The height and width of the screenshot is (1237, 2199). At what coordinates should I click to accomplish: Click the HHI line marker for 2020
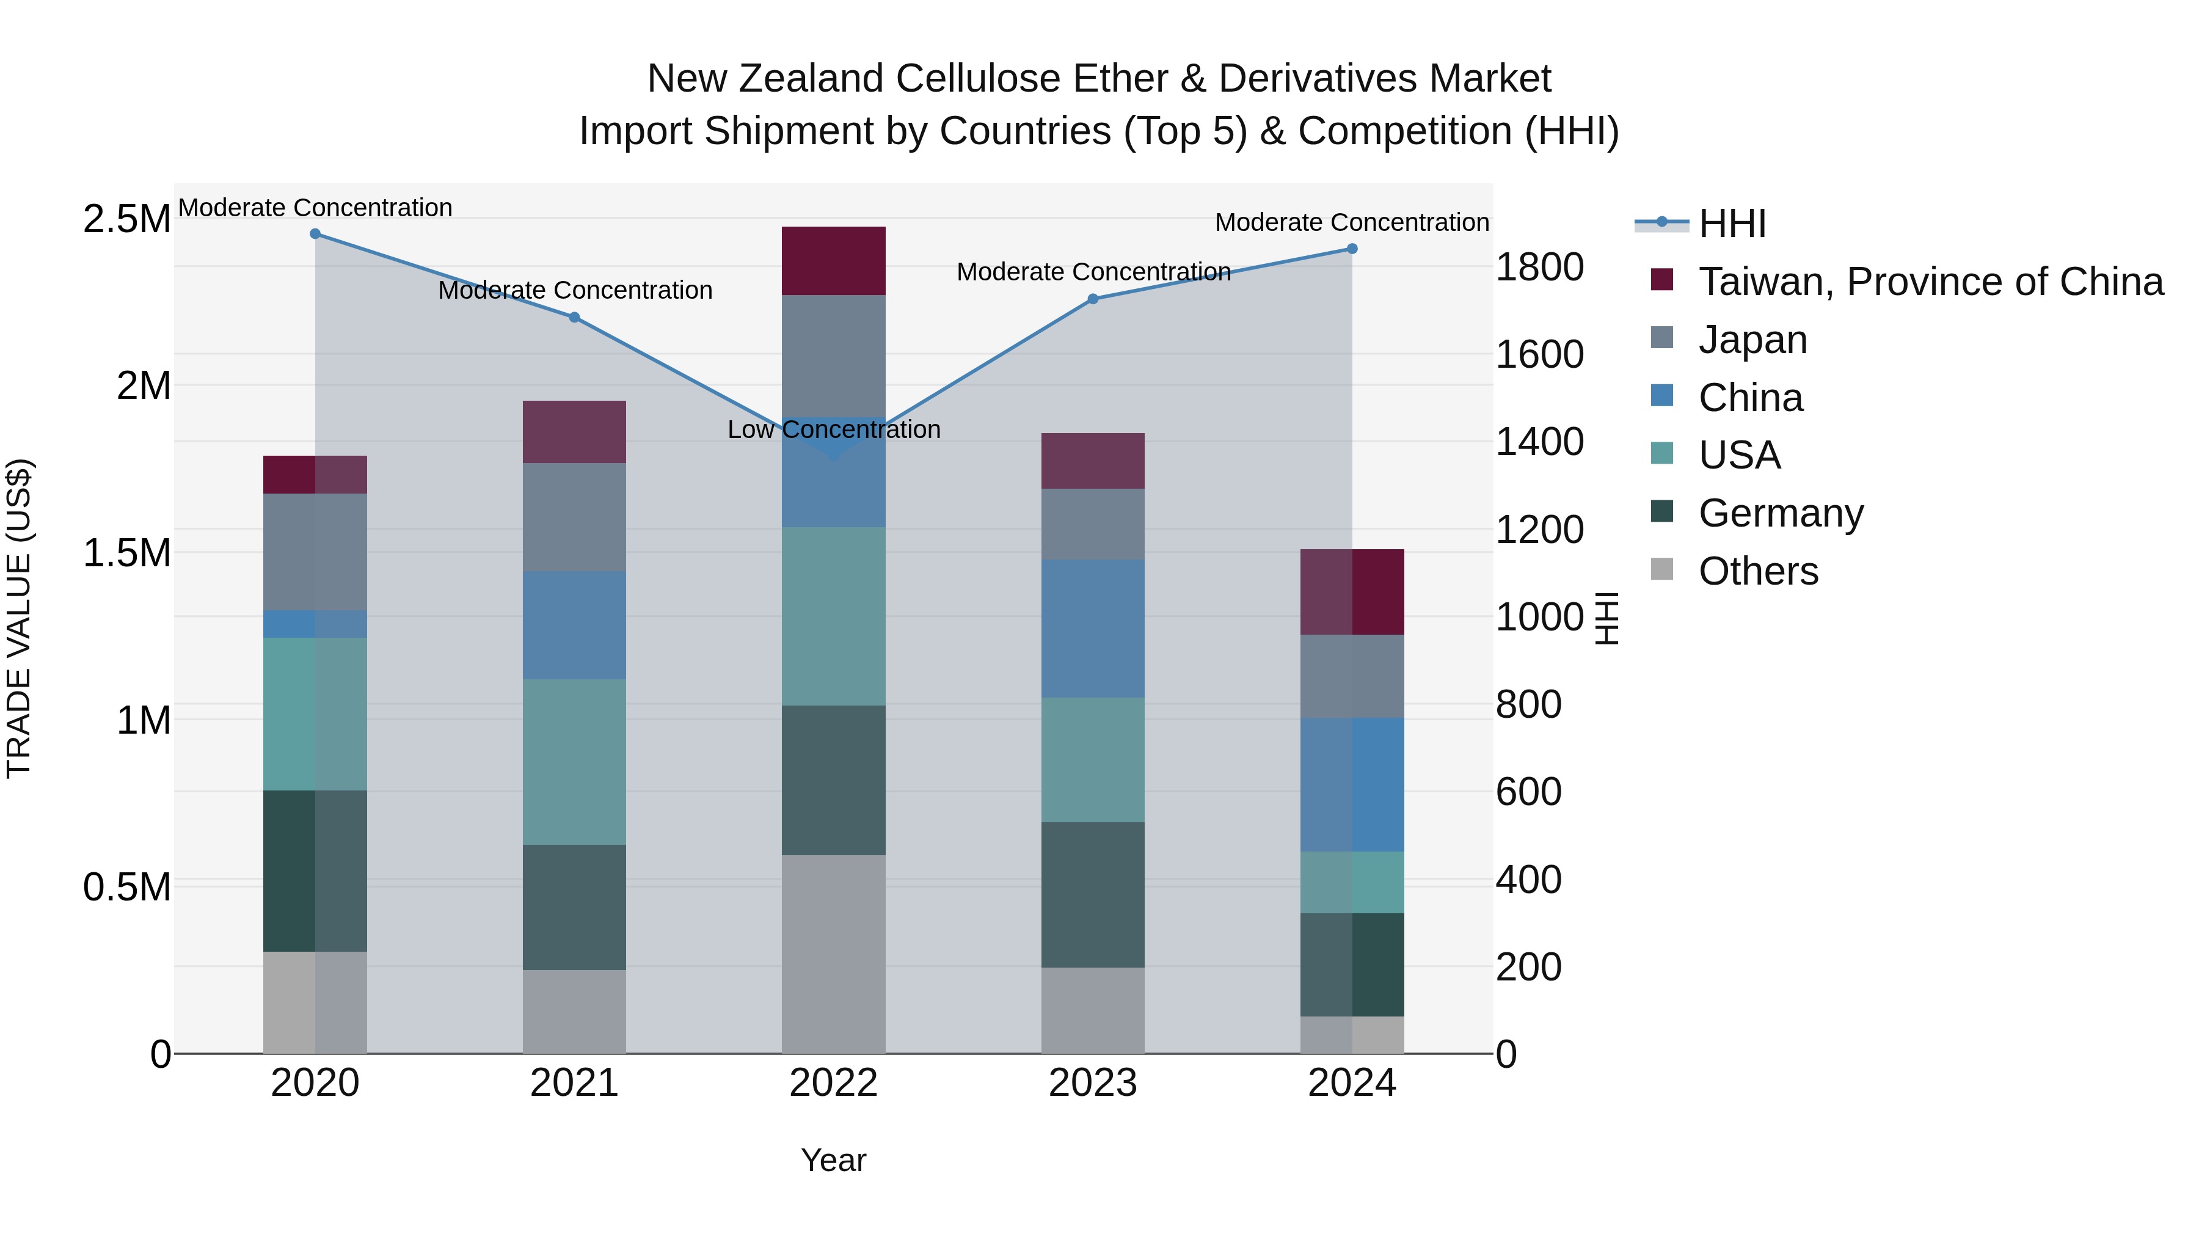tap(315, 234)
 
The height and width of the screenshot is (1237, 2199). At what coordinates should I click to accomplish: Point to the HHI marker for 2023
tap(1093, 299)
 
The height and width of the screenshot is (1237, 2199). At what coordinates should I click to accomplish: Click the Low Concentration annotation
tap(833, 429)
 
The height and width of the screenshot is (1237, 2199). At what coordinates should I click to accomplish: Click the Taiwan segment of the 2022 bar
tap(833, 260)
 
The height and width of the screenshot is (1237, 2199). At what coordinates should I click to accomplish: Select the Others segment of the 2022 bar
tap(833, 954)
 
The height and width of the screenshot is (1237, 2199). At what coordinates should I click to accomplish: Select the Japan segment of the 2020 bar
tap(315, 552)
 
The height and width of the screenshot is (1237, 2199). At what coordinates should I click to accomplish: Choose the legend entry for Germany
tap(1781, 513)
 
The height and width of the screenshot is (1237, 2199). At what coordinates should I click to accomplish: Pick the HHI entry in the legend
tap(1731, 224)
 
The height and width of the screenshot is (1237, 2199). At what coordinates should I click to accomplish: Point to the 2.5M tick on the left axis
tap(126, 219)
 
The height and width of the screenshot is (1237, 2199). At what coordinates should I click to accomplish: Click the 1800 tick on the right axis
tap(1540, 267)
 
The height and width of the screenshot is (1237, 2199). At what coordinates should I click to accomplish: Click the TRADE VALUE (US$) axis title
tap(19, 618)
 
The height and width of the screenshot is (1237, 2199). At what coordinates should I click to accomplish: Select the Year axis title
tap(833, 1160)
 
